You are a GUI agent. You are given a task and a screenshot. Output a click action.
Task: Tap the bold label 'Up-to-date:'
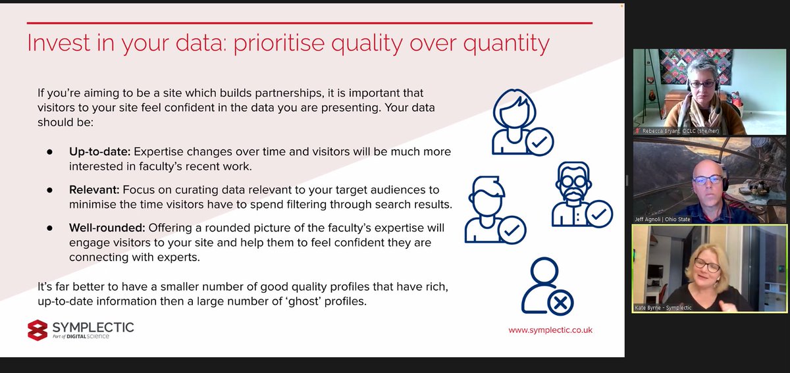coord(99,152)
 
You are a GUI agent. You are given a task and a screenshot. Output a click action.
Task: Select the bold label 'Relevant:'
coord(93,190)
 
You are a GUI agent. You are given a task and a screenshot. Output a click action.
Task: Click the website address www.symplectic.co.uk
coord(550,330)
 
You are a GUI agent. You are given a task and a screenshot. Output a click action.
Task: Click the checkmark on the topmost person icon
coord(539,141)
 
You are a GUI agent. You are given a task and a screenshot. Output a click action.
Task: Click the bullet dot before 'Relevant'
coord(49,190)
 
